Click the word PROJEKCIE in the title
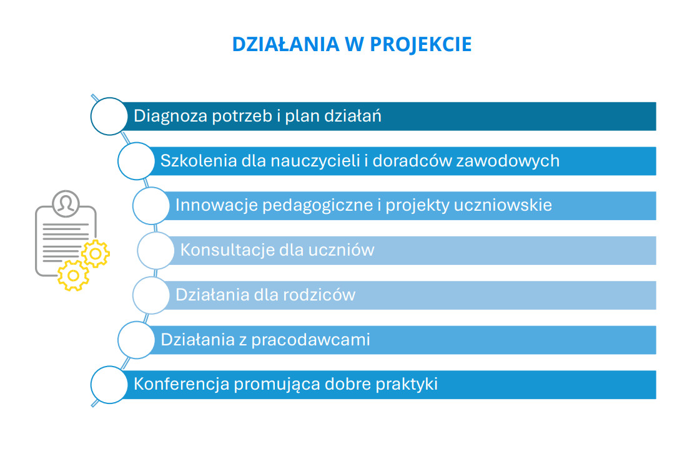(420, 45)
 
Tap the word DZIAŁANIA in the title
(285, 44)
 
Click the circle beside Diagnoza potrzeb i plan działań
(109, 117)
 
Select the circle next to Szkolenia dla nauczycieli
(136, 161)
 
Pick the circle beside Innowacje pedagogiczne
(151, 206)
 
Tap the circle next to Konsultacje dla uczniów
(156, 251)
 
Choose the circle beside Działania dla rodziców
(151, 295)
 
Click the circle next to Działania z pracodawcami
(136, 340)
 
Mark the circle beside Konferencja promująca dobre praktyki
(109, 385)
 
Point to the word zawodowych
(508, 161)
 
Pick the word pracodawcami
(310, 340)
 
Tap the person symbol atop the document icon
(66, 203)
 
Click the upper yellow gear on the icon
(96, 254)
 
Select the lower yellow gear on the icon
(73, 276)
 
